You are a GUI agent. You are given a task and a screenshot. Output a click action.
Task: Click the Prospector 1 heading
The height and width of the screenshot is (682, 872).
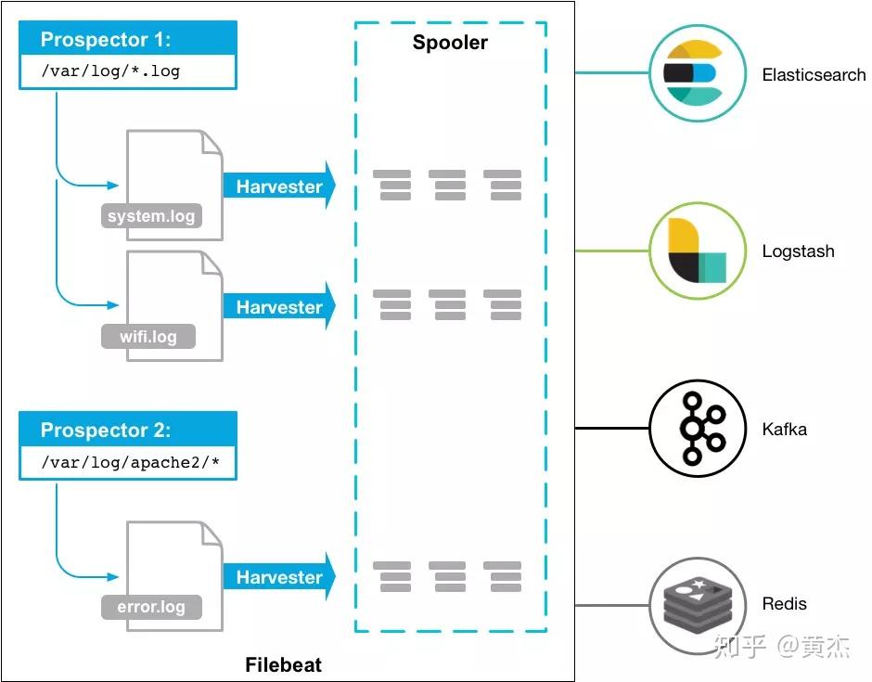(x=106, y=40)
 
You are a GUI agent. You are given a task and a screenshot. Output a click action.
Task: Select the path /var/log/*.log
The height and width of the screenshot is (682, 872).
(x=110, y=71)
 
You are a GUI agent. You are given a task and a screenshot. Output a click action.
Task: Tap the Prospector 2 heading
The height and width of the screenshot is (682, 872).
(x=106, y=430)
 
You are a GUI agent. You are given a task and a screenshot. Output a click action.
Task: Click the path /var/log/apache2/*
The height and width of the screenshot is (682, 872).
(x=131, y=462)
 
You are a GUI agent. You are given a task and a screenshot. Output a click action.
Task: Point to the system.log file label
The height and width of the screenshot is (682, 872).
(x=151, y=216)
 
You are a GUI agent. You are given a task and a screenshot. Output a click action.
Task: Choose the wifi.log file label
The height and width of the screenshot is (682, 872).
(x=148, y=337)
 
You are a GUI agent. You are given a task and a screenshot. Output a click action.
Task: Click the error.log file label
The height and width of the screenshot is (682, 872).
(x=151, y=606)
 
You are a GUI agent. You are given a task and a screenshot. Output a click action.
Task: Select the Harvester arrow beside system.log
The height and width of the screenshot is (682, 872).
(x=280, y=186)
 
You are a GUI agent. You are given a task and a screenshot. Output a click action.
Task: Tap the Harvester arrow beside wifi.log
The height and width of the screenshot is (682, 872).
(x=280, y=306)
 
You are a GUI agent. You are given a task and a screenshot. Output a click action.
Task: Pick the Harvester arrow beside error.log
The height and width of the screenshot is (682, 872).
(x=280, y=577)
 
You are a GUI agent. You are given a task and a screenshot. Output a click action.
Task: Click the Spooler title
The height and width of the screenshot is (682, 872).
(x=450, y=43)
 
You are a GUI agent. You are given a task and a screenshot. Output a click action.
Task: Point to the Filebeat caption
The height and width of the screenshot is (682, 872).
(x=284, y=664)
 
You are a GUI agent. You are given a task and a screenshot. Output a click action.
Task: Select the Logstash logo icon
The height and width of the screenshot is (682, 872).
(x=698, y=251)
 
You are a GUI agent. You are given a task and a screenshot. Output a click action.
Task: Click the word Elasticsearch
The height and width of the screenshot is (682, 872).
(x=814, y=74)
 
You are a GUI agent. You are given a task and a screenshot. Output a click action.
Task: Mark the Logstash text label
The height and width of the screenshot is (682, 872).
(x=798, y=251)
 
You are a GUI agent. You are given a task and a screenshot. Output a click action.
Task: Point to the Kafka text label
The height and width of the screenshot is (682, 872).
(x=784, y=429)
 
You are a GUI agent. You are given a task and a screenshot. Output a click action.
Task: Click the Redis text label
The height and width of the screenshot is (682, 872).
(x=784, y=603)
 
